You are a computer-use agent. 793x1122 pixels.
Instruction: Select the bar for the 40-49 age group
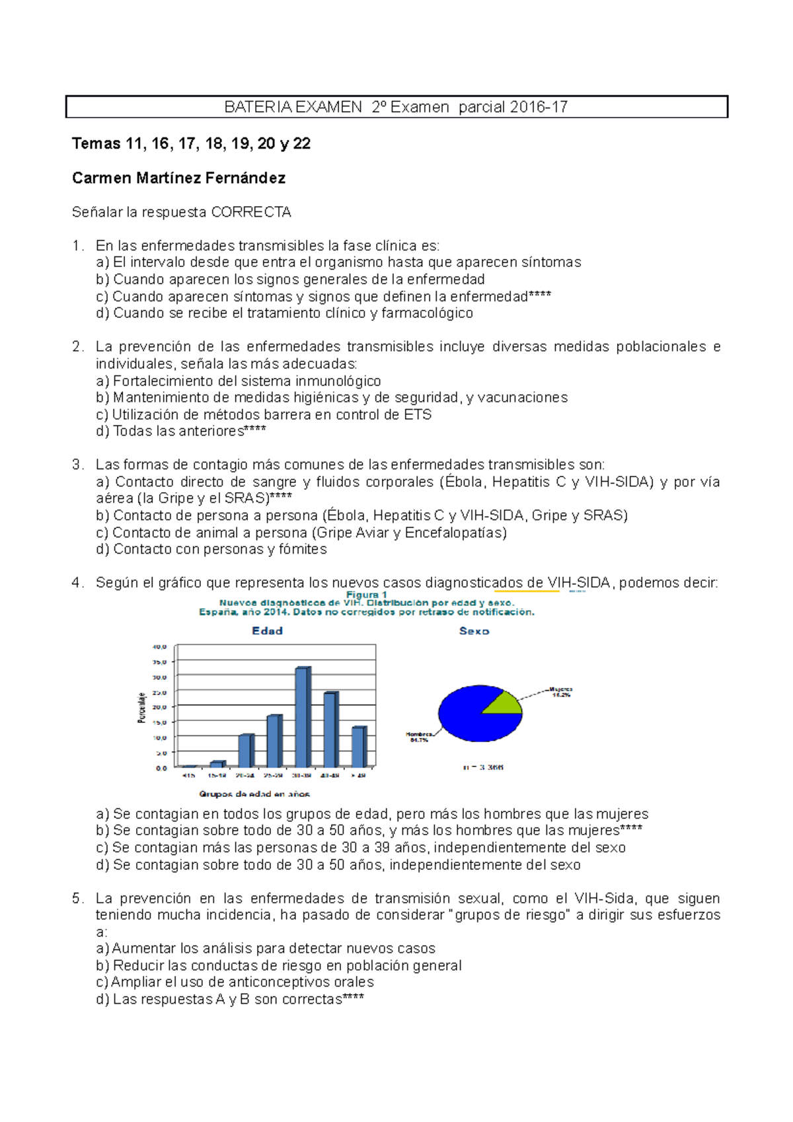(330, 729)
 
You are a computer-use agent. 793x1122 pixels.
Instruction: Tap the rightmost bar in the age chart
(358, 747)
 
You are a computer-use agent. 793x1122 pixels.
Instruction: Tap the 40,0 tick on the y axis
(160, 647)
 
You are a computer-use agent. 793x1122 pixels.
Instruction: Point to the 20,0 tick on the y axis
(160, 707)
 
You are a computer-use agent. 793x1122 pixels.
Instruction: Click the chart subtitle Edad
(267, 631)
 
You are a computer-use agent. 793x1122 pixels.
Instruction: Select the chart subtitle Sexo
(474, 631)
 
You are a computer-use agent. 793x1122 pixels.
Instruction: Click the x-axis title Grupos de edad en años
(254, 794)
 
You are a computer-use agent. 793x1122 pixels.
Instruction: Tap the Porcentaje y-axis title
(141, 708)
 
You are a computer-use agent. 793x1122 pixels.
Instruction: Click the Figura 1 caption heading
(367, 595)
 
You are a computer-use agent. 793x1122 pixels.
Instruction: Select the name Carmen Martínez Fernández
(178, 178)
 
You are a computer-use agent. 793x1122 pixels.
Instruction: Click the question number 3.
(77, 465)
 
